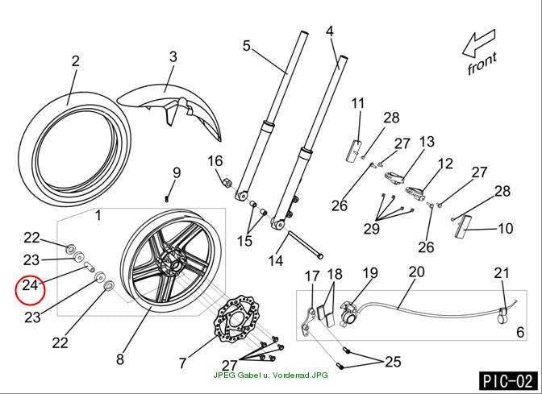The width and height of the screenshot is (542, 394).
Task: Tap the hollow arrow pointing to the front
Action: (479, 43)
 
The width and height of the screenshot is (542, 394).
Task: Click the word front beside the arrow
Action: (482, 64)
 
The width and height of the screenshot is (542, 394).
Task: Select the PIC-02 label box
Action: (508, 381)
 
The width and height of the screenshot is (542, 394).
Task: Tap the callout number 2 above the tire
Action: (75, 60)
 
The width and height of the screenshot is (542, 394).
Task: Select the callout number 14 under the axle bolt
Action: (276, 260)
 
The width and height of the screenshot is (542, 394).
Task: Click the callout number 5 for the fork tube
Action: (246, 46)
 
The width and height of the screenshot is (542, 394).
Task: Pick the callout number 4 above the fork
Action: (330, 31)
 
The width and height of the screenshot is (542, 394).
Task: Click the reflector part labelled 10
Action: (462, 226)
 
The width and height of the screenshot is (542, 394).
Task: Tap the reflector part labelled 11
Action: (353, 150)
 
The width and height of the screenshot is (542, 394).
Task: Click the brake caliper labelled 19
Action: (350, 312)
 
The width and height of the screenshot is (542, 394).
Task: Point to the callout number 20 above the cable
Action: (416, 272)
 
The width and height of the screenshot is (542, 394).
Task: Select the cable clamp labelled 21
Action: (503, 314)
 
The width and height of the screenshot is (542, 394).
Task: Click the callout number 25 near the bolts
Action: (393, 362)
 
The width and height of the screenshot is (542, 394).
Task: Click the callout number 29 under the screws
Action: (372, 228)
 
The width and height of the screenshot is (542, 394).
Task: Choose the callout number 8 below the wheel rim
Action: (120, 359)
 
